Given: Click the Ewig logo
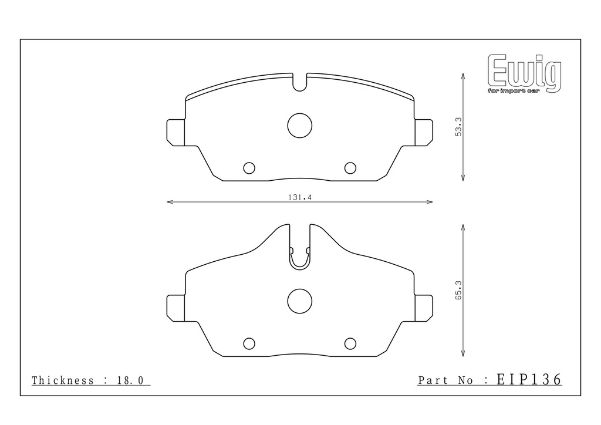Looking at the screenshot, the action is coord(524,73).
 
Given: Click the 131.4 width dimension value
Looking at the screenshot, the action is coord(300,197).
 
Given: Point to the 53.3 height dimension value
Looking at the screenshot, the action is coord(458,127).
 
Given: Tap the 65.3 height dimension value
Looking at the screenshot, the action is coord(458,290).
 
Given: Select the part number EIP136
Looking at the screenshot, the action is coord(529,379).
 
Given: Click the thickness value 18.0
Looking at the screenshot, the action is coord(130,380).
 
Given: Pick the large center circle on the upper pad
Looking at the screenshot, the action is coord(300,125).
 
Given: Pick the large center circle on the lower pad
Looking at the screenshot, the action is coord(300,301).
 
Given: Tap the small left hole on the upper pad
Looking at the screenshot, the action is coord(249,168).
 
